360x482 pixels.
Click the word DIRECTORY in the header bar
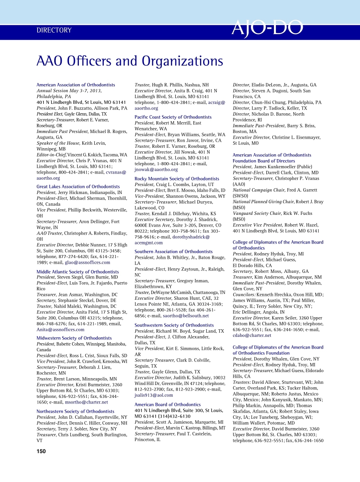(x=54, y=30)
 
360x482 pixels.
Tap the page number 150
(x=41, y=451)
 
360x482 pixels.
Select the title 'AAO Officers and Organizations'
(x=130, y=61)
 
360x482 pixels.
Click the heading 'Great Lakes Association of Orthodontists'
(x=78, y=186)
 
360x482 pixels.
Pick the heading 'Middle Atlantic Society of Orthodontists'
(x=78, y=272)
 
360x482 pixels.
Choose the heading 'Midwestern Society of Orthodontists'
(x=74, y=338)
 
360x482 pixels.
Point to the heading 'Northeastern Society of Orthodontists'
(x=75, y=411)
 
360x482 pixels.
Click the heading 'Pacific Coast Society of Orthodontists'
(x=173, y=117)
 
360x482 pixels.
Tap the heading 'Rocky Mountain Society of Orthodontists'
(x=177, y=178)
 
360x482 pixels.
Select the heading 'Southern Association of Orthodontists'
(x=174, y=252)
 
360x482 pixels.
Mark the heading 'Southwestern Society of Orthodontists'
(x=174, y=325)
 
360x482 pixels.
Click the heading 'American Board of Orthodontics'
(x=168, y=405)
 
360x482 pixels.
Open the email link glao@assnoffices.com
(x=88, y=262)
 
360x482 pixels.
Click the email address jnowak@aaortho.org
(x=156, y=169)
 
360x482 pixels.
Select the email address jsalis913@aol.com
(x=154, y=395)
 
